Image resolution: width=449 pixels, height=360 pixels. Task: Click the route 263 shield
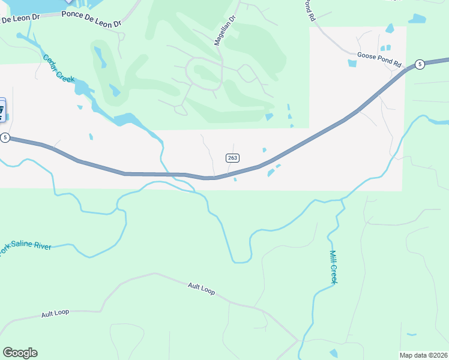[x=233, y=158]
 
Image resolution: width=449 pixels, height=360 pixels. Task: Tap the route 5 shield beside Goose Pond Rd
[x=420, y=64]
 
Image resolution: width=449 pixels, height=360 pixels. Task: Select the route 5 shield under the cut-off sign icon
[x=5, y=137]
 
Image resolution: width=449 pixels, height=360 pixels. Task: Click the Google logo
[x=20, y=353]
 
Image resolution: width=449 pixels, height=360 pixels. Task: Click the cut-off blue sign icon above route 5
[x=2, y=110]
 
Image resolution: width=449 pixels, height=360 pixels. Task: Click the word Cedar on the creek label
[x=50, y=62]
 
